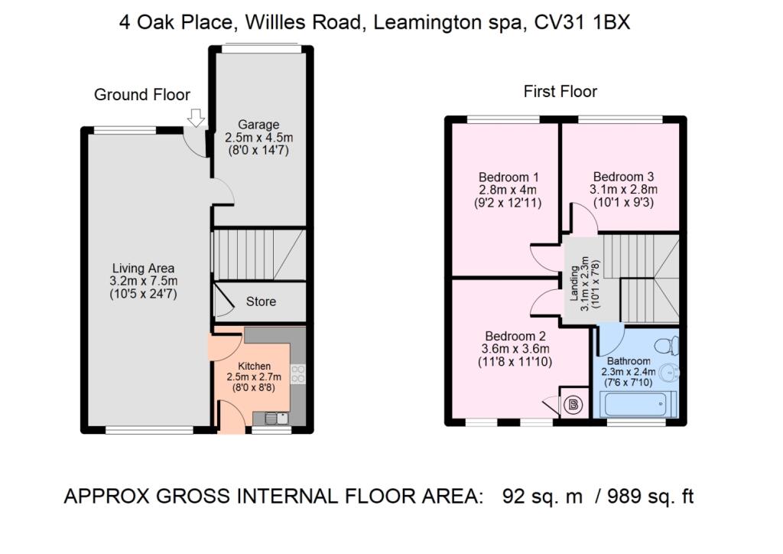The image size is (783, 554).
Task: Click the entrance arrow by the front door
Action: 196,118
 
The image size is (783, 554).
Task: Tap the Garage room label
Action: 258,125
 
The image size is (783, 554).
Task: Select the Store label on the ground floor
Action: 261,301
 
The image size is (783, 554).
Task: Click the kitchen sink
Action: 275,418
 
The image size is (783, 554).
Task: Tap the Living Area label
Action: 143,269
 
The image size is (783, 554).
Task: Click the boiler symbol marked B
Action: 572,403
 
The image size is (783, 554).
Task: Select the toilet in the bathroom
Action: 671,345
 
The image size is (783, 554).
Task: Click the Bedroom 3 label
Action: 623,175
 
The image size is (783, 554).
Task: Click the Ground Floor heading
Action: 141,95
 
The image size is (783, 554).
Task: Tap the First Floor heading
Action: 560,92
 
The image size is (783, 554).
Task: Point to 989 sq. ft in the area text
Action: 640,497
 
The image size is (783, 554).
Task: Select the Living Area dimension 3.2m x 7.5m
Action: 143,282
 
